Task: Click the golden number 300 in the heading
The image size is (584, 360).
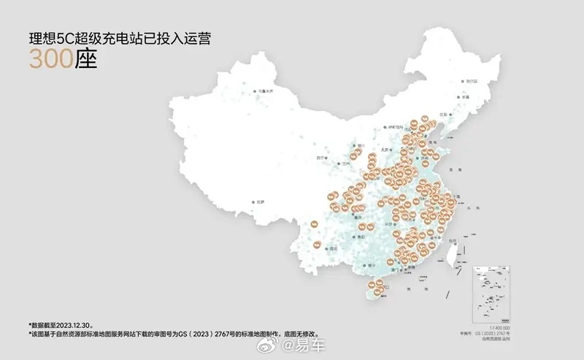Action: click(x=50, y=59)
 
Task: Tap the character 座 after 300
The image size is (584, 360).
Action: click(x=85, y=59)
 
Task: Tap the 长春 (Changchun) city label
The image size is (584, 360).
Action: click(x=465, y=96)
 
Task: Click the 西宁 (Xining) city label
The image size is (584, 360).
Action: click(x=319, y=158)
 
